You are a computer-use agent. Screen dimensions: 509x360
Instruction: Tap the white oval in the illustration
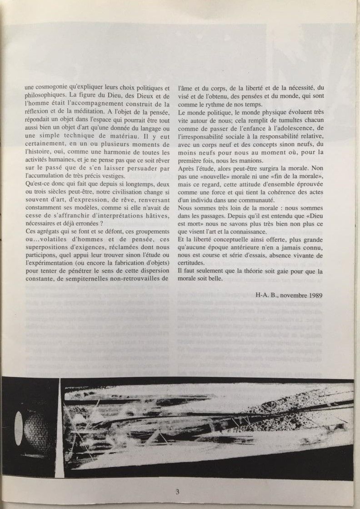click(19, 429)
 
